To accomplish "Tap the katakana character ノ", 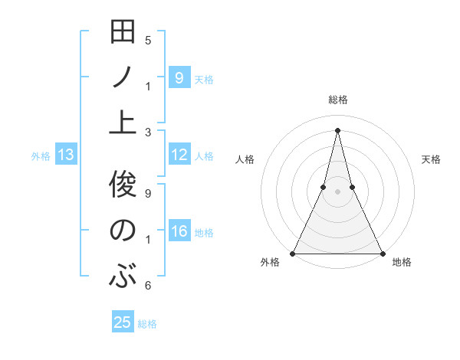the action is click(123, 77).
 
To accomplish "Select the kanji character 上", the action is click(123, 123).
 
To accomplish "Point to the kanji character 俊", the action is click(123, 185).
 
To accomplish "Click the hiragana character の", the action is click(123, 231).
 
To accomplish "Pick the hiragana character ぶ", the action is click(123, 275).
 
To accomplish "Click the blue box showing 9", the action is click(179, 77).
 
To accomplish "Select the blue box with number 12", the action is click(179, 155).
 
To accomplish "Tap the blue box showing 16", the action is click(179, 232).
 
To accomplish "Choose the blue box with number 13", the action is click(66, 155).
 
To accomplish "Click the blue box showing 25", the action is click(123, 322).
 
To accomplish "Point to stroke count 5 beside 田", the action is click(148, 41).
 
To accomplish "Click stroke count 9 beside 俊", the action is click(148, 193).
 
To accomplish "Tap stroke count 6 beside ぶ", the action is click(148, 286).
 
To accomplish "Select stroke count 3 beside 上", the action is click(148, 132).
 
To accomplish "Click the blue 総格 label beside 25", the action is click(147, 324).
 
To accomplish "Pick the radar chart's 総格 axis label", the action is click(338, 100).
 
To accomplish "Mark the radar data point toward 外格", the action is click(294, 253).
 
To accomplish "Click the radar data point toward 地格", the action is click(382, 253).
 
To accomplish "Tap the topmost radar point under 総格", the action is click(337, 129).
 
